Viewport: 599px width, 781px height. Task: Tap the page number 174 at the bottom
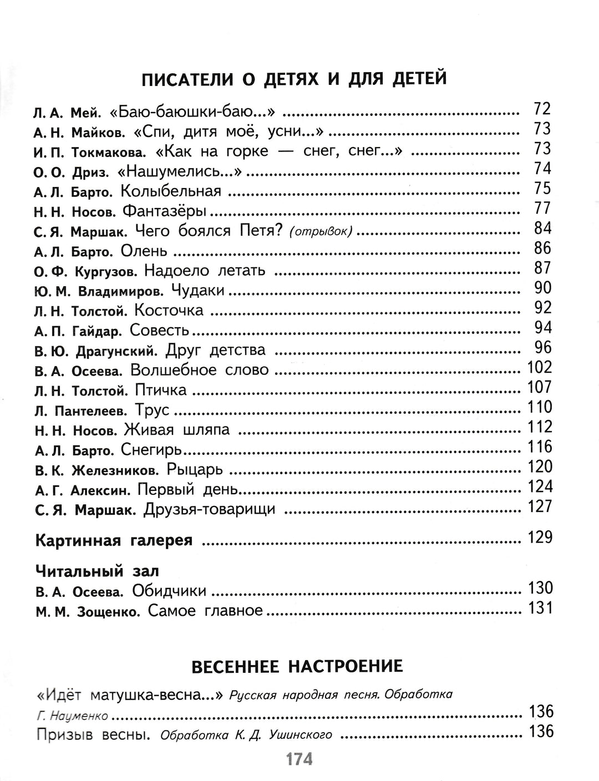[299, 759]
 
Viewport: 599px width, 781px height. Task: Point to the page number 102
[540, 367]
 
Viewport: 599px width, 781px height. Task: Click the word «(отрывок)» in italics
[321, 231]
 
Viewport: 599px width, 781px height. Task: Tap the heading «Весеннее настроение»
[297, 666]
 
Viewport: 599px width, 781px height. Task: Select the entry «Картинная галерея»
[114, 540]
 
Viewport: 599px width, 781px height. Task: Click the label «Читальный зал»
[97, 571]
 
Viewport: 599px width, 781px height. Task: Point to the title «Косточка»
[169, 311]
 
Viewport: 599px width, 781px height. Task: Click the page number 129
[540, 537]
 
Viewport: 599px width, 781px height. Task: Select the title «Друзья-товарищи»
[209, 510]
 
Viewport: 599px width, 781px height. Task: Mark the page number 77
[542, 209]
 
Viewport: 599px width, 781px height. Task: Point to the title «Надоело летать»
[205, 271]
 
